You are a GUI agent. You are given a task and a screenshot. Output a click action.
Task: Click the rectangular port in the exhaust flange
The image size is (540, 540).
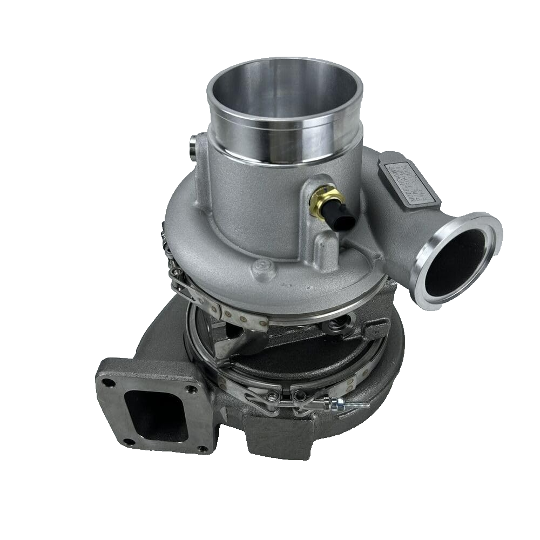tap(151, 410)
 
